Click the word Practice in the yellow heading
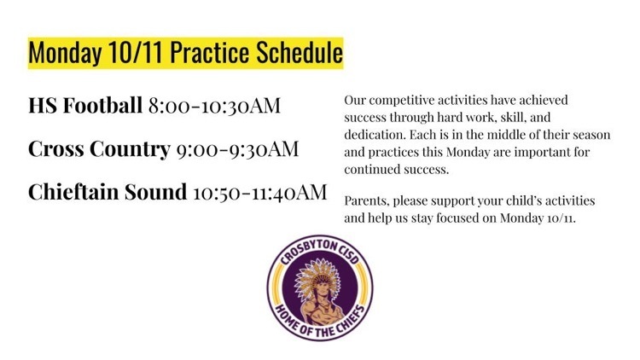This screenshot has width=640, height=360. click(209, 53)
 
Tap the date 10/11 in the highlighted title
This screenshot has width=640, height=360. click(136, 53)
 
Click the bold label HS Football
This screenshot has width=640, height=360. click(85, 105)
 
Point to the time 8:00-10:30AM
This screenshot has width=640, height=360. click(214, 106)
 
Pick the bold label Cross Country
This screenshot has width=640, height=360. click(99, 148)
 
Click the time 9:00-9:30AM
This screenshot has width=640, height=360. click(237, 149)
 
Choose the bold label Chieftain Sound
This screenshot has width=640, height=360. click(108, 192)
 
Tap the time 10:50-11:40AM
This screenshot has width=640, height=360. click(260, 192)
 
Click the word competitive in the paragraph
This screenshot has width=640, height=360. click(401, 101)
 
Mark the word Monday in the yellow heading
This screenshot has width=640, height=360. click(65, 54)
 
